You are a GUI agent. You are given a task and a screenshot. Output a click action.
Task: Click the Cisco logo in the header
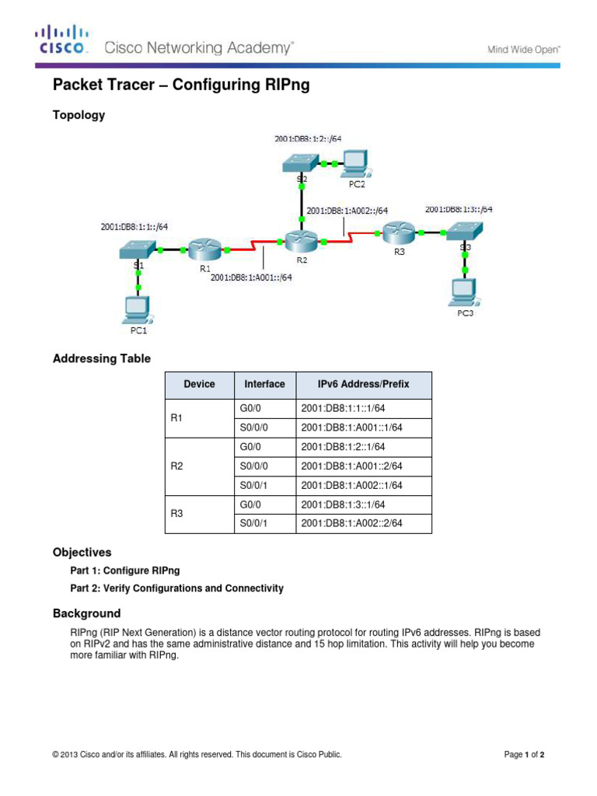pyautogui.click(x=61, y=40)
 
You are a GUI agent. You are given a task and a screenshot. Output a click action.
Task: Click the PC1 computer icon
pyautogui.click(x=138, y=309)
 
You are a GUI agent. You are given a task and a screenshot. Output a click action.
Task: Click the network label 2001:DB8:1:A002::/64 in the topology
pyautogui.click(x=347, y=210)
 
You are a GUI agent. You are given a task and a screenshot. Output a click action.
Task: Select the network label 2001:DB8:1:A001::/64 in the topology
pyautogui.click(x=251, y=277)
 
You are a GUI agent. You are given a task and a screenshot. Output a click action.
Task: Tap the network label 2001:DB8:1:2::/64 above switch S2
pyautogui.click(x=308, y=139)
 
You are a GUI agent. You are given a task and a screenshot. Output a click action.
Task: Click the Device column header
pyautogui.click(x=199, y=384)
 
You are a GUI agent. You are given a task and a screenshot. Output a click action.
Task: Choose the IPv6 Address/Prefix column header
pyautogui.click(x=363, y=384)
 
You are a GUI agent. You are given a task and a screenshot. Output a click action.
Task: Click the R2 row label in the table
pyautogui.click(x=176, y=466)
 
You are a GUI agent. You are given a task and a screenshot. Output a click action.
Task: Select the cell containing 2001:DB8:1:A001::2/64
pyautogui.click(x=351, y=466)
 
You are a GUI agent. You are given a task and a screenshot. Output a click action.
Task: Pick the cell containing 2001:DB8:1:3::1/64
pyautogui.click(x=343, y=504)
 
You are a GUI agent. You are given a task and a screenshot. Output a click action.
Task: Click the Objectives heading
pyautogui.click(x=82, y=553)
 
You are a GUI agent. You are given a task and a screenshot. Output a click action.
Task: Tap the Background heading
pyautogui.click(x=86, y=613)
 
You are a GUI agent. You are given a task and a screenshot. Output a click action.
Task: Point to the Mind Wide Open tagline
pyautogui.click(x=523, y=49)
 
